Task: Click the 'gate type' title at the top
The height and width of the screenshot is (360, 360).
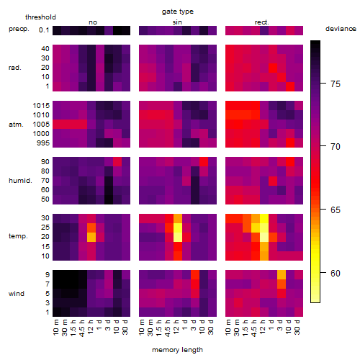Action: pyautogui.click(x=178, y=12)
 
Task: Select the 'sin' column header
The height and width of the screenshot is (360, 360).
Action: pyautogui.click(x=177, y=22)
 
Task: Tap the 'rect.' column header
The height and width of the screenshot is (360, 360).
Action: pyautogui.click(x=262, y=22)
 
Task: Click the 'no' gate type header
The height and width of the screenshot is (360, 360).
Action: pyautogui.click(x=93, y=22)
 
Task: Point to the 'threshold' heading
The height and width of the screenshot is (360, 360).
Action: pyautogui.click(x=40, y=17)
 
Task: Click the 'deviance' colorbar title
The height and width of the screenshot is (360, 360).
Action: pyautogui.click(x=341, y=29)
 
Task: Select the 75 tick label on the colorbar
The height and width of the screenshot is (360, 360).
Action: pyautogui.click(x=336, y=84)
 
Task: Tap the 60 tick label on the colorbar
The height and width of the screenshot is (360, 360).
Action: pyautogui.click(x=336, y=273)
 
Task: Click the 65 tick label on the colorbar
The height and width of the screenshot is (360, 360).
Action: pyautogui.click(x=336, y=210)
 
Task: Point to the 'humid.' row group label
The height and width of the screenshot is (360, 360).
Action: pyautogui.click(x=20, y=181)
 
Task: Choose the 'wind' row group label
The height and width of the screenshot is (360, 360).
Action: pyautogui.click(x=17, y=294)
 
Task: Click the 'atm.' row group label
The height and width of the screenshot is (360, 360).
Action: pyautogui.click(x=16, y=125)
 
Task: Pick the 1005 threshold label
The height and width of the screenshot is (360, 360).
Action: pyautogui.click(x=41, y=125)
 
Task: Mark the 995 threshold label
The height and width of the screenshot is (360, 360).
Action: pyautogui.click(x=43, y=143)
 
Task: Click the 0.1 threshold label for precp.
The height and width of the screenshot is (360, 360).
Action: pyautogui.click(x=44, y=30)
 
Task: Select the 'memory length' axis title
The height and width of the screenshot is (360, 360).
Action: pyautogui.click(x=178, y=350)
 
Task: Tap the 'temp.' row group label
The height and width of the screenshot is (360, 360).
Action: pyautogui.click(x=18, y=236)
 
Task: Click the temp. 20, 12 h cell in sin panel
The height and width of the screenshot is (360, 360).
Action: pyautogui.click(x=178, y=237)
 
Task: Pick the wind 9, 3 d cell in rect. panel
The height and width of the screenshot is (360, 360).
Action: pyautogui.click(x=282, y=274)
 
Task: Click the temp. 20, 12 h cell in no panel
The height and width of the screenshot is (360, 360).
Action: pyautogui.click(x=91, y=237)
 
